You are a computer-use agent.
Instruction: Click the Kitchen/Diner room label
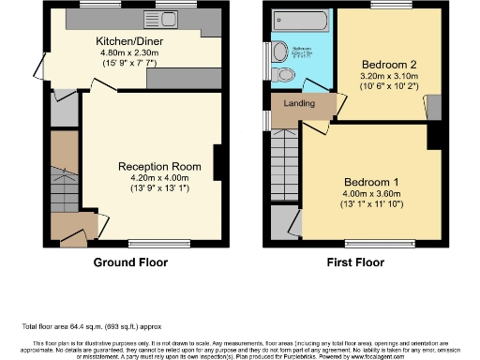tap(130, 41)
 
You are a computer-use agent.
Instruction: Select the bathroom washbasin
tap(280, 52)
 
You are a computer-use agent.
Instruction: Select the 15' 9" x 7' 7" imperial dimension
tap(131, 63)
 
